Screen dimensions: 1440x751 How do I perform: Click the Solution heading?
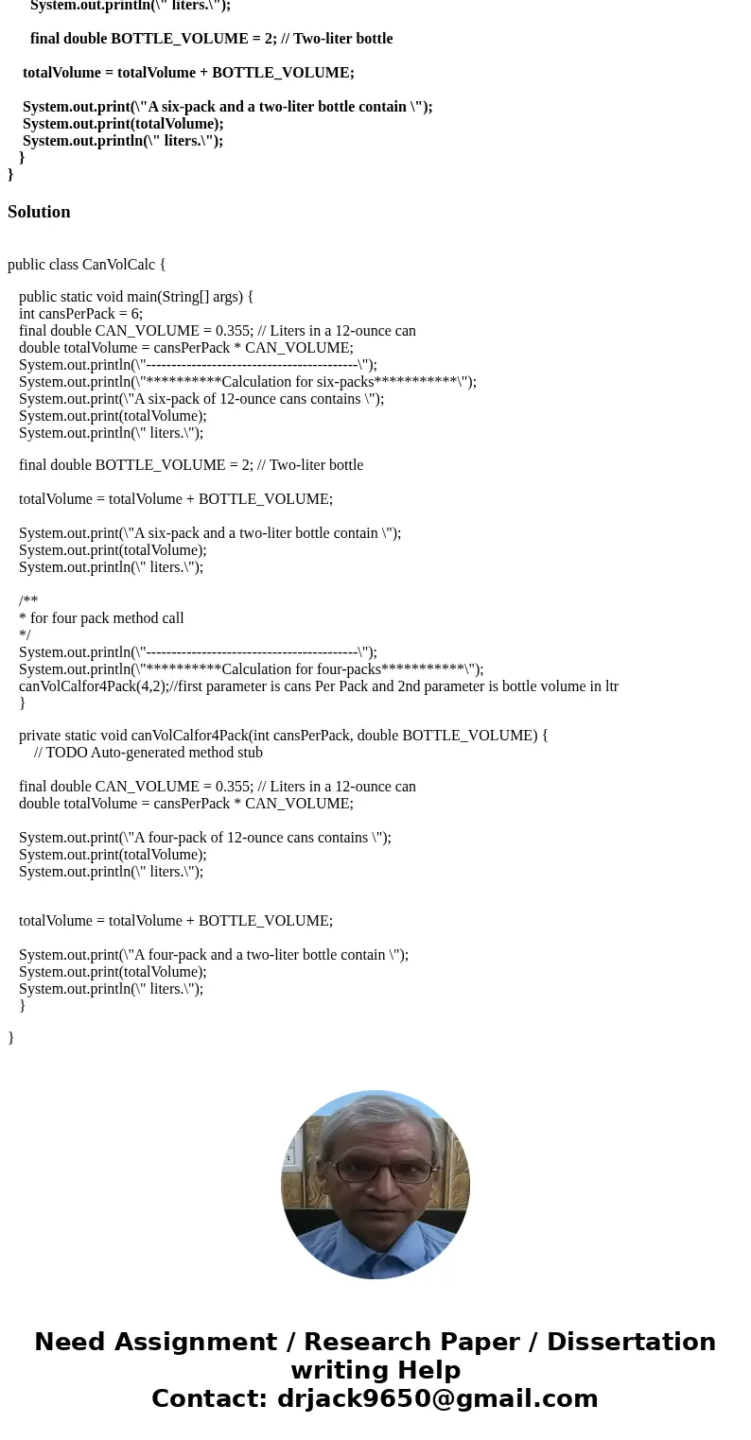(x=39, y=212)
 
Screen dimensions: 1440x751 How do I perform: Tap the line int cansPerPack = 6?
(x=80, y=314)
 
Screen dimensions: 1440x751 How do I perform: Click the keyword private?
(x=43, y=736)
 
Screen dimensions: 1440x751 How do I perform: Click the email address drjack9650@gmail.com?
(x=437, y=1398)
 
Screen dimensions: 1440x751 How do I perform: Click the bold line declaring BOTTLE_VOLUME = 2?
(x=211, y=39)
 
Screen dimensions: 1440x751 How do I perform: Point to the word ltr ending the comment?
(x=608, y=686)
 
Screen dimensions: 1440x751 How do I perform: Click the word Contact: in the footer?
(x=210, y=1398)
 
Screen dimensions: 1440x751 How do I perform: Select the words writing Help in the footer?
(x=375, y=1370)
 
